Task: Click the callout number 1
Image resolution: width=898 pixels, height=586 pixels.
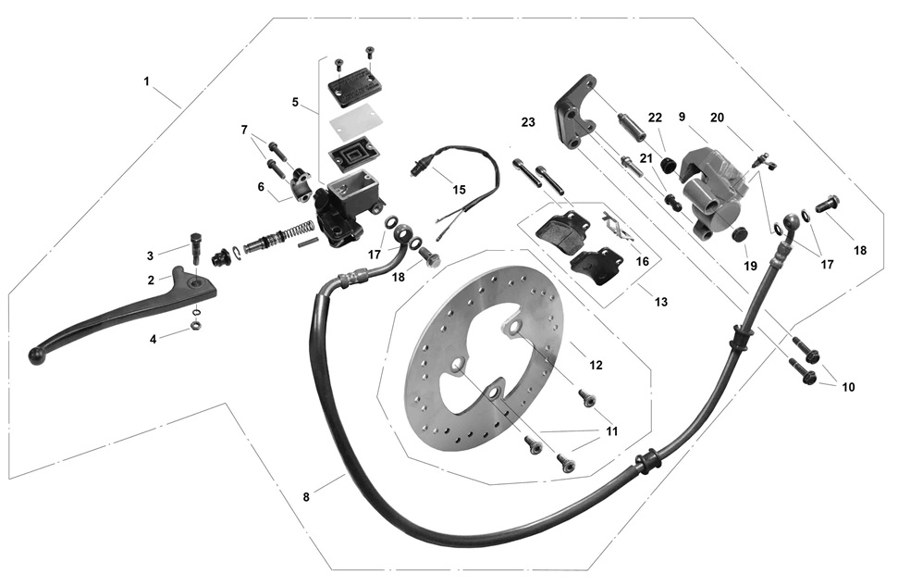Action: click(x=146, y=81)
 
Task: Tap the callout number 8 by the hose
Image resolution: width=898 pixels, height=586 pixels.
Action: click(x=306, y=497)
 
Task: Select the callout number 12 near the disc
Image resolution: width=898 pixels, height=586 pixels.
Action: click(x=596, y=366)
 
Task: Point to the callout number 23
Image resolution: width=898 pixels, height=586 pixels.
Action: click(x=528, y=122)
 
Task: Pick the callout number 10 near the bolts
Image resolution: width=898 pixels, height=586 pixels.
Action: click(x=848, y=387)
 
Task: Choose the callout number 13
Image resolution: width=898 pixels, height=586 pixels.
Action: click(x=660, y=302)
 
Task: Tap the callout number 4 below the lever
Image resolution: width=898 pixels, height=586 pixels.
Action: click(x=153, y=339)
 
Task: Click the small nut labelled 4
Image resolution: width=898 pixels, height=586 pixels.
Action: click(x=196, y=325)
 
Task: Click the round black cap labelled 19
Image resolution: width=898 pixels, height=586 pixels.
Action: click(x=739, y=235)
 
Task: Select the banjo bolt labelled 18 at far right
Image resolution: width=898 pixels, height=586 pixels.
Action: click(x=826, y=202)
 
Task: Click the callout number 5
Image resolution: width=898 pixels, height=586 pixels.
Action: click(x=295, y=103)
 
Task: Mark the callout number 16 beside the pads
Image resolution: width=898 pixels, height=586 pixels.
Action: click(x=642, y=262)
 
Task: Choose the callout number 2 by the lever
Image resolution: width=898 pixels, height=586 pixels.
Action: click(x=151, y=280)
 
